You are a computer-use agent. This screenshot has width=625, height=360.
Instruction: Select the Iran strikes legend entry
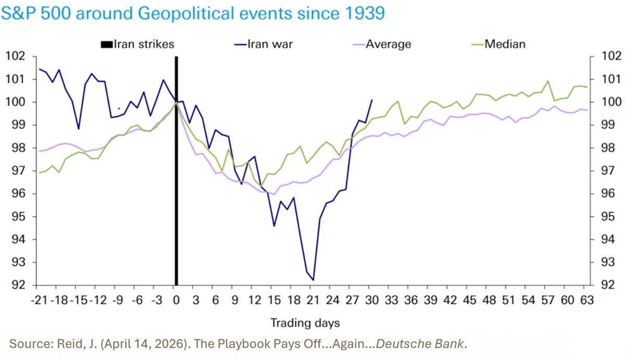(137, 44)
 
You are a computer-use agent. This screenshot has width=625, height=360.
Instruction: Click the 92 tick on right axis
(611, 285)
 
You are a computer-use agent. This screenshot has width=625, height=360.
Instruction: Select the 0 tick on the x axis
(176, 300)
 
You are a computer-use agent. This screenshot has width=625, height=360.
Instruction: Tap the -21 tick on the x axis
(40, 300)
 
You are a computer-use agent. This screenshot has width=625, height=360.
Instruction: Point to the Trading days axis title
(305, 323)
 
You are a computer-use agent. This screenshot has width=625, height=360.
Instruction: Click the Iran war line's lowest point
(313, 280)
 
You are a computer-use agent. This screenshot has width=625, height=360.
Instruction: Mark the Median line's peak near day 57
(547, 81)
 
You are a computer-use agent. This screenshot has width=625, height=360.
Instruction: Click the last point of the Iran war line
(372, 100)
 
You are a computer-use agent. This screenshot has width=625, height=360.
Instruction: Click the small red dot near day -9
(119, 108)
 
